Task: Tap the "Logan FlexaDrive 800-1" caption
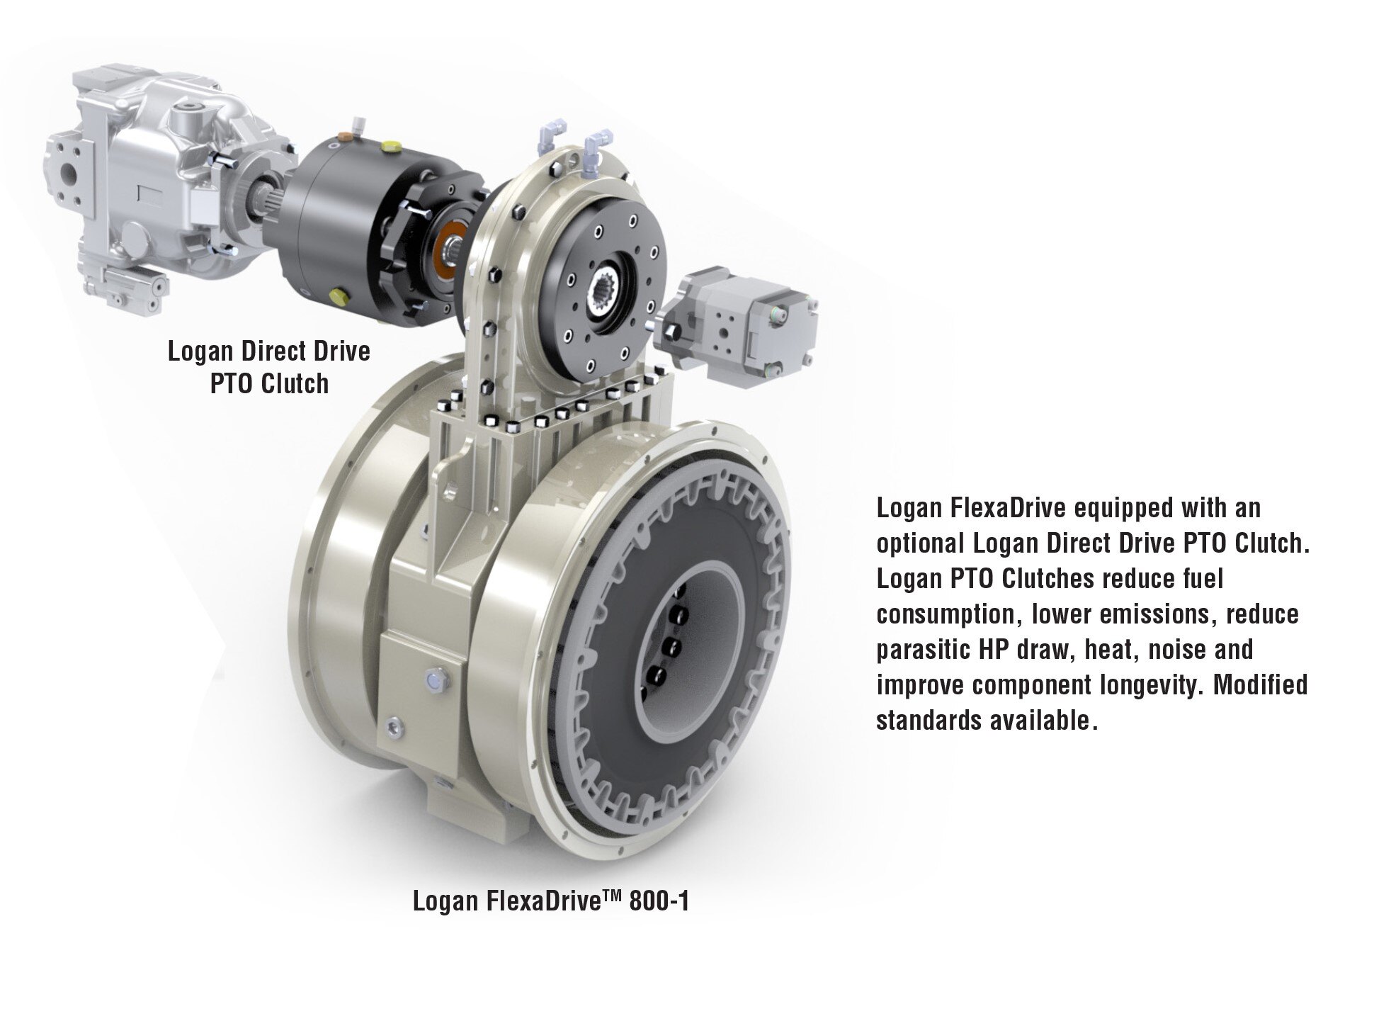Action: pyautogui.click(x=550, y=902)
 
